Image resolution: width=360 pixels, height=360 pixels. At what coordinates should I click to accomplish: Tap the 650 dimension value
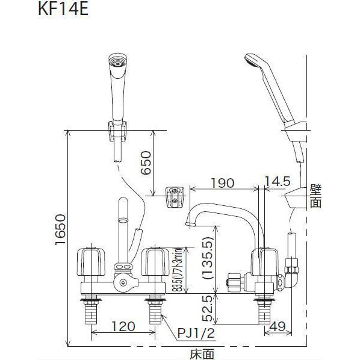pyautogui.click(x=145, y=163)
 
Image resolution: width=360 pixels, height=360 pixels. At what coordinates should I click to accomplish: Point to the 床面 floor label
pyautogui.click(x=200, y=353)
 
